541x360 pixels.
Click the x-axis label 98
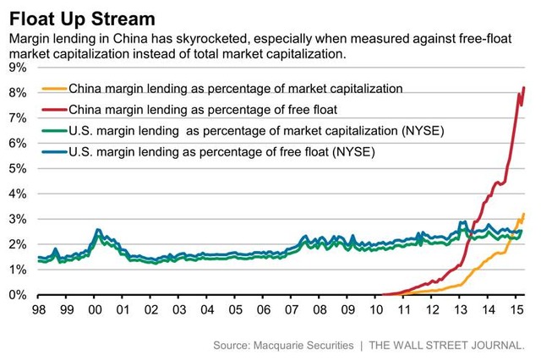(39, 309)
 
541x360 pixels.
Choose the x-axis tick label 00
(95, 309)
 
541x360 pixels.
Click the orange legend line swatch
(53, 88)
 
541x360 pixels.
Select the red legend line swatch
(53, 109)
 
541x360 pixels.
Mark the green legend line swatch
(53, 130)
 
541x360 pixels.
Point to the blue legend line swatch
(53, 151)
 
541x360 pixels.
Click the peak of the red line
(525, 88)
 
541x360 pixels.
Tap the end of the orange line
(525, 215)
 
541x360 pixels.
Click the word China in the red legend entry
(88, 109)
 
